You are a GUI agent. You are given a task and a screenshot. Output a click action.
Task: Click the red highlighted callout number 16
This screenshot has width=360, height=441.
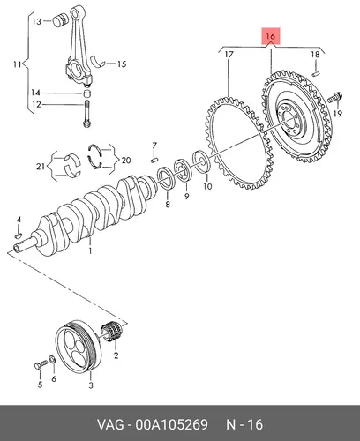tap(271, 36)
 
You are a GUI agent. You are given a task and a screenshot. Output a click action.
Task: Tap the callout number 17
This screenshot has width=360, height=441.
tap(229, 55)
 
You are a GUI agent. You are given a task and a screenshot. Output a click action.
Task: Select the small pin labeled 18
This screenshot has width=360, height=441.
tap(316, 72)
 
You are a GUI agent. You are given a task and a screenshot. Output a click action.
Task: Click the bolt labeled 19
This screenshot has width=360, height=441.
tap(335, 98)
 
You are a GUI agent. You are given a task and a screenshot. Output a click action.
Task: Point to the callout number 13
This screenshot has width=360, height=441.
tap(37, 21)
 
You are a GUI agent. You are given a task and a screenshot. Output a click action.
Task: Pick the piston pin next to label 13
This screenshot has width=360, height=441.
tap(61, 20)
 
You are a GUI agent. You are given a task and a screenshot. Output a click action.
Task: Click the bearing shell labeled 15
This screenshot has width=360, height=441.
tap(98, 61)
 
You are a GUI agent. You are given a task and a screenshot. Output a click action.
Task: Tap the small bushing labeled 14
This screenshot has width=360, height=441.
tap(86, 93)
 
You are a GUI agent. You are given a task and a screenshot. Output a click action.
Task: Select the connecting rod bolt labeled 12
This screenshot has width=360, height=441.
tap(86, 114)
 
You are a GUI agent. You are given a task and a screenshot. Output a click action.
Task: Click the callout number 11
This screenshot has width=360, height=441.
tap(18, 64)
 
